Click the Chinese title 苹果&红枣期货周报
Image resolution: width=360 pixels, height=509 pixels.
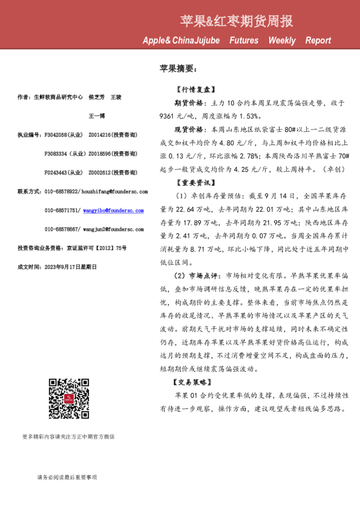tap(237, 21)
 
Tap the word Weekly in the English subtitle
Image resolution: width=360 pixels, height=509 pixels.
tap(282, 41)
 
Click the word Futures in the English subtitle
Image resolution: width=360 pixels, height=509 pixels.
tap(244, 41)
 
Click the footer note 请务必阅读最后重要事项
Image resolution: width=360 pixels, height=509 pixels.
tap(67, 478)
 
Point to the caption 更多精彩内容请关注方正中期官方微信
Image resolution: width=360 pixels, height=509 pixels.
tap(68, 436)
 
